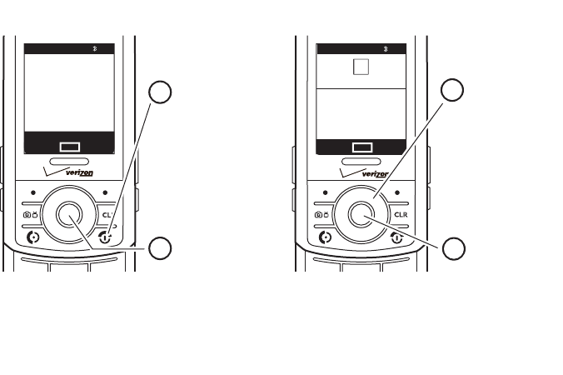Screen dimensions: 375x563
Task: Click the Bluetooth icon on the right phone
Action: pos(385,50)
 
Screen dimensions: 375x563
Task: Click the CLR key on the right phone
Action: pos(400,215)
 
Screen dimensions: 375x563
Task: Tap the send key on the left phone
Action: pos(32,237)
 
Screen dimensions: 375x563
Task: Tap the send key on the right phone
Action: pos(325,237)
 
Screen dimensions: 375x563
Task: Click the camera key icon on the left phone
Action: pos(29,215)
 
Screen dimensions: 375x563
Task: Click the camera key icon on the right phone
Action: pos(322,215)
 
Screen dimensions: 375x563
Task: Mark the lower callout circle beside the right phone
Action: pos(453,247)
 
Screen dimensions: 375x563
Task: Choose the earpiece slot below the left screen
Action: pos(68,161)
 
